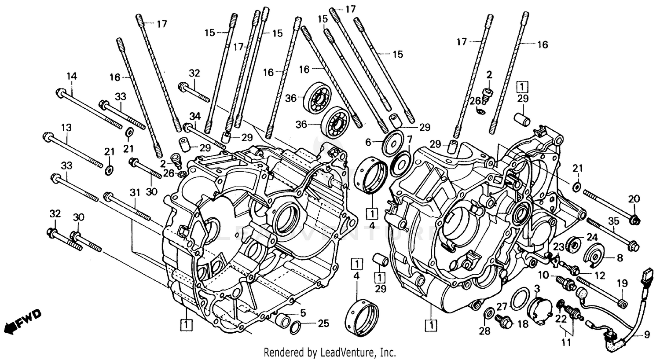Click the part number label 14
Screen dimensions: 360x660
point(72,76)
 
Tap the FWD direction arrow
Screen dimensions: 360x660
point(22,321)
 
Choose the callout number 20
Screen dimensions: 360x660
point(634,199)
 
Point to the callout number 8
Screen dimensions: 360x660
point(620,258)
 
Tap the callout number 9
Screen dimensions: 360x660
point(646,335)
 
